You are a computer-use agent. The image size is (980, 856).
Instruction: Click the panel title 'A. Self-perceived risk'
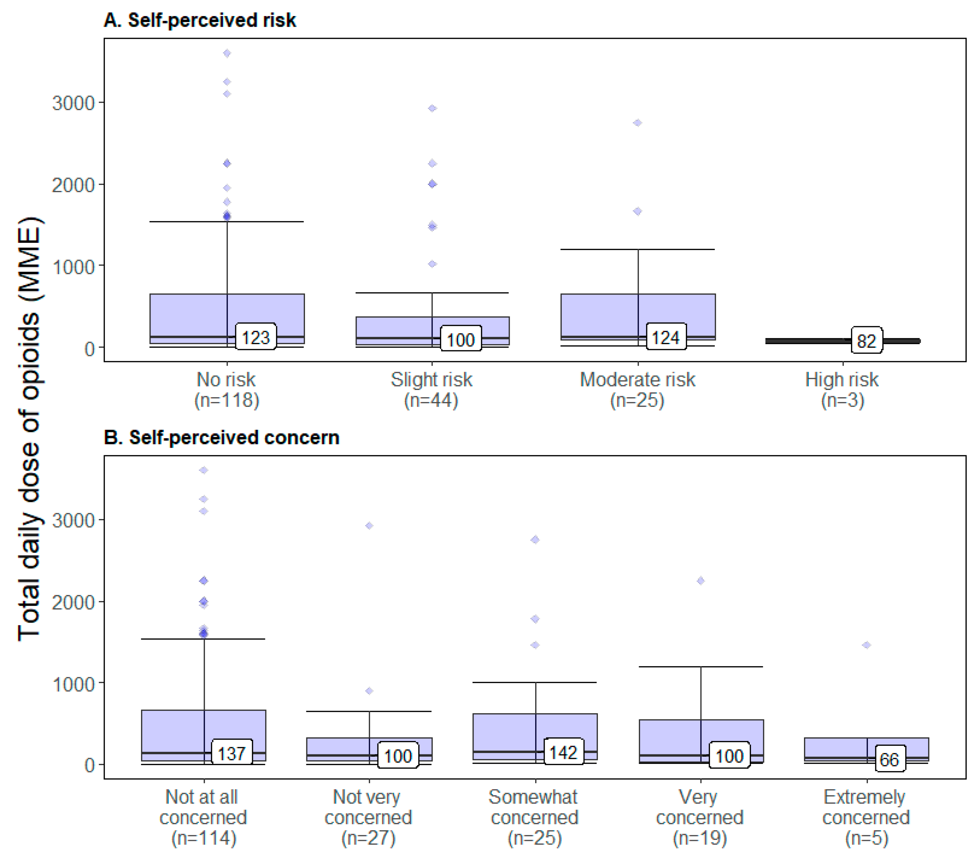[x=200, y=20]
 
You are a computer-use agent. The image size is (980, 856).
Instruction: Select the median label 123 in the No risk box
[x=256, y=337]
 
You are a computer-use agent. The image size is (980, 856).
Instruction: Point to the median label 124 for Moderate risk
[x=666, y=337]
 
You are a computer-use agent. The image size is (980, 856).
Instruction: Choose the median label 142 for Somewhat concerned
[x=563, y=752]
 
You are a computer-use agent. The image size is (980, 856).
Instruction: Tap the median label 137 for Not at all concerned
[x=232, y=753]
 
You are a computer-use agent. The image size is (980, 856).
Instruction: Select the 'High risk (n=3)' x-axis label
[x=842, y=389]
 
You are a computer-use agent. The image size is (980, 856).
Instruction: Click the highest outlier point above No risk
[x=227, y=53]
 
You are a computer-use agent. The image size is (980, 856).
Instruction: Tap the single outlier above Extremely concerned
[x=867, y=645]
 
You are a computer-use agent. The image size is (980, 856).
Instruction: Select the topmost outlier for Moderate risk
[x=638, y=123]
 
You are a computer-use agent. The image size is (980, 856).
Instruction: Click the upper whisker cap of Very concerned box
[x=701, y=666]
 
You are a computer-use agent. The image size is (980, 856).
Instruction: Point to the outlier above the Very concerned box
[x=701, y=581]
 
